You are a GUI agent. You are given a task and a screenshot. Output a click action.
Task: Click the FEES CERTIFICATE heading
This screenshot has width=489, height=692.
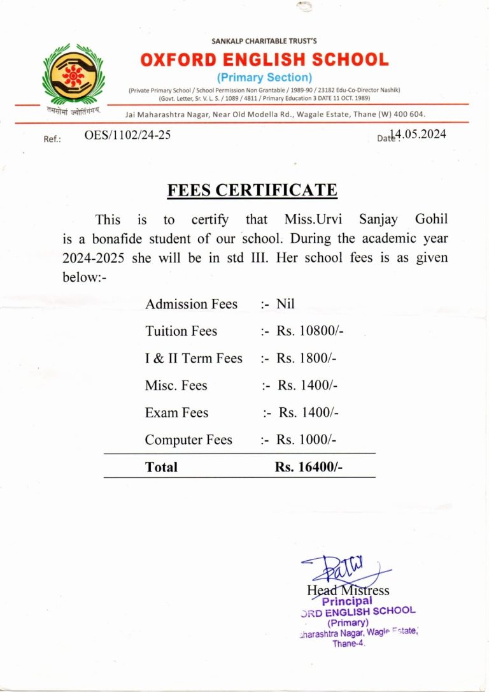pyautogui.click(x=252, y=190)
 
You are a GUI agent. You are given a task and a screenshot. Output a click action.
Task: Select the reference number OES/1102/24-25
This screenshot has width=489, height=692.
pyautogui.click(x=127, y=134)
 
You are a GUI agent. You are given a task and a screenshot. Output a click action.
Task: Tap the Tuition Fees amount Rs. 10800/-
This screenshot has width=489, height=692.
pyautogui.click(x=311, y=331)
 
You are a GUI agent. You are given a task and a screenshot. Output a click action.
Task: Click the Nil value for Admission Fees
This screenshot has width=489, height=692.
pyautogui.click(x=286, y=304)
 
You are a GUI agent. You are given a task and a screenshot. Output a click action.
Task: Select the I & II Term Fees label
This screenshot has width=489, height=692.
pyautogui.click(x=194, y=358)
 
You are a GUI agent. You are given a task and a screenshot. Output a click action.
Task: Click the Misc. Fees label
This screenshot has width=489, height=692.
pyautogui.click(x=176, y=386)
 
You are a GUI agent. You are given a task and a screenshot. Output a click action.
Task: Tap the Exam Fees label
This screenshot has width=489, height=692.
pyautogui.click(x=176, y=413)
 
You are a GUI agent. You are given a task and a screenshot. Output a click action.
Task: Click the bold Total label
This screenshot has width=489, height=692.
pyautogui.click(x=161, y=467)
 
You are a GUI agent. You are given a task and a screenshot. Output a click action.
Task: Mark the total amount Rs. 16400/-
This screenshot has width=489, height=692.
pyautogui.click(x=309, y=467)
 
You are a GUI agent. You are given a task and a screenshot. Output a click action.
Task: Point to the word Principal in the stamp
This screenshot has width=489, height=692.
pyautogui.click(x=347, y=601)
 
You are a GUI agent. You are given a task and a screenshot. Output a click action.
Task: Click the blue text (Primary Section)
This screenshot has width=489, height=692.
pyautogui.click(x=265, y=78)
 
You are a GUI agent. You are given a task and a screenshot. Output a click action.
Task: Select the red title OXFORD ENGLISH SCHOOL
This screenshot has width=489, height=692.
pyautogui.click(x=264, y=60)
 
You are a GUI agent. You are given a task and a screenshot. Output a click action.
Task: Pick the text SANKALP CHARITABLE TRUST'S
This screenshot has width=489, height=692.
pyautogui.click(x=264, y=41)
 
